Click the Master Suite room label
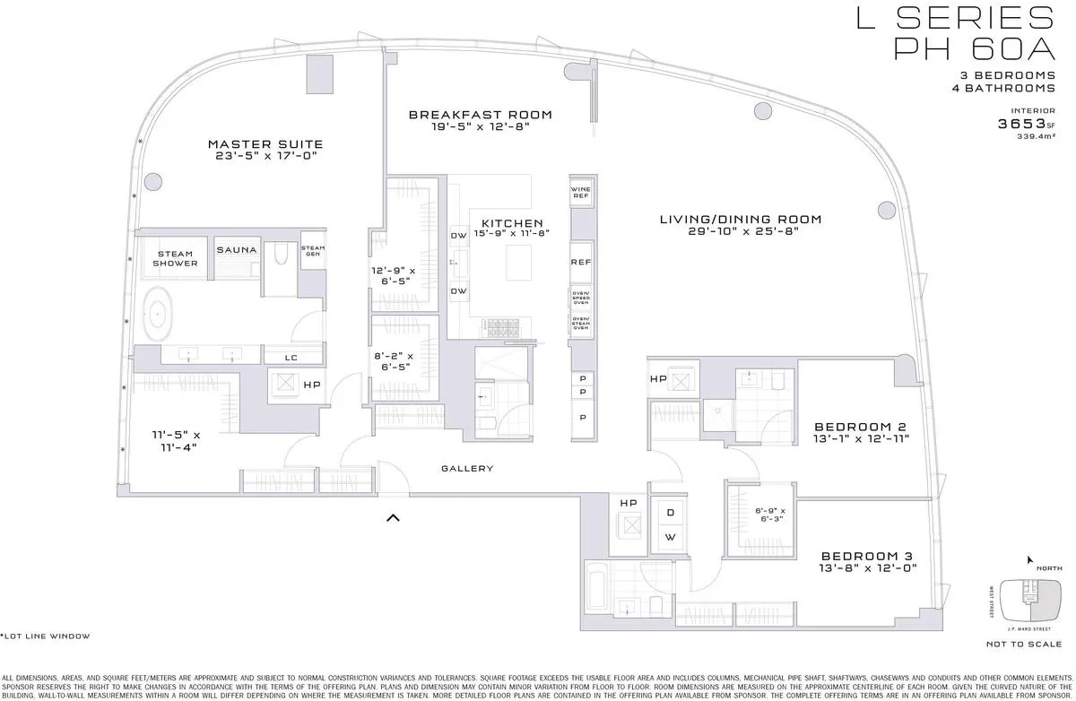265,144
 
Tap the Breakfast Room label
480,115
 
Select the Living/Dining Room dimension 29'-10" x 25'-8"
728,232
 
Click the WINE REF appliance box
580,192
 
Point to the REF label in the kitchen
580,263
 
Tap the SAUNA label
237,250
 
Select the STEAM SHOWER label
174,258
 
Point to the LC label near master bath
291,357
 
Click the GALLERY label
467,469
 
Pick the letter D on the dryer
669,513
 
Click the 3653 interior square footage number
1021,124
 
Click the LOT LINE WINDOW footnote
47,636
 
